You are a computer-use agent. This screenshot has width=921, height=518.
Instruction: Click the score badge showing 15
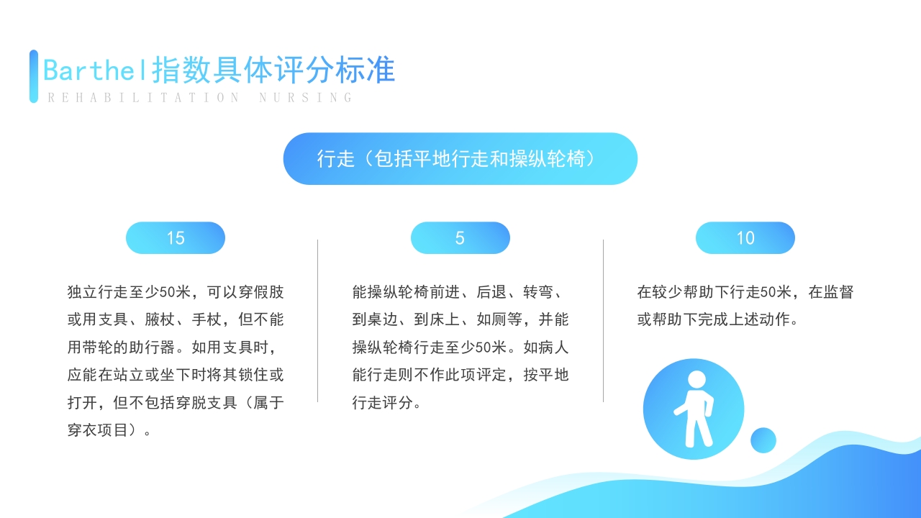tap(176, 238)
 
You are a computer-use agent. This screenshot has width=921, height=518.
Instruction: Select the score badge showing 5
tap(460, 238)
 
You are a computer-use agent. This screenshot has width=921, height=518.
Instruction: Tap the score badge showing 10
tap(745, 238)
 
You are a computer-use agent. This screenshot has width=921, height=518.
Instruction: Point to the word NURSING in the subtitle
tap(306, 98)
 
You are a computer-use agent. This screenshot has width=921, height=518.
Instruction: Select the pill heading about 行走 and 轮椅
tap(460, 159)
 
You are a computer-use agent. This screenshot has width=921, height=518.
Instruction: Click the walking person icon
tap(694, 409)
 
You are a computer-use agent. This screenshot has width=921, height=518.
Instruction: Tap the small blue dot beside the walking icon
tap(763, 440)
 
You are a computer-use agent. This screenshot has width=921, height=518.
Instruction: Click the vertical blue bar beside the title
tap(34, 76)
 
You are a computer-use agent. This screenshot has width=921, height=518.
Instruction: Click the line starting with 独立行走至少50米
tap(176, 292)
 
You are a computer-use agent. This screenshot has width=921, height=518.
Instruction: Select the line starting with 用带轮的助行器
tap(172, 347)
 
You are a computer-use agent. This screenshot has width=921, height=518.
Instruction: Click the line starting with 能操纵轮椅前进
tap(457, 292)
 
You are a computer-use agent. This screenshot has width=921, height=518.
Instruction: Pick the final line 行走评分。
tap(386, 403)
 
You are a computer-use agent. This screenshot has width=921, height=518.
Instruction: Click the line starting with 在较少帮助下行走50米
tap(745, 292)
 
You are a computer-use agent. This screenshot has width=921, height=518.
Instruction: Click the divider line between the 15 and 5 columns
tap(318, 321)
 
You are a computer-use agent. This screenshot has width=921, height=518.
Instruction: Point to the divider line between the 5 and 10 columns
tap(603, 321)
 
